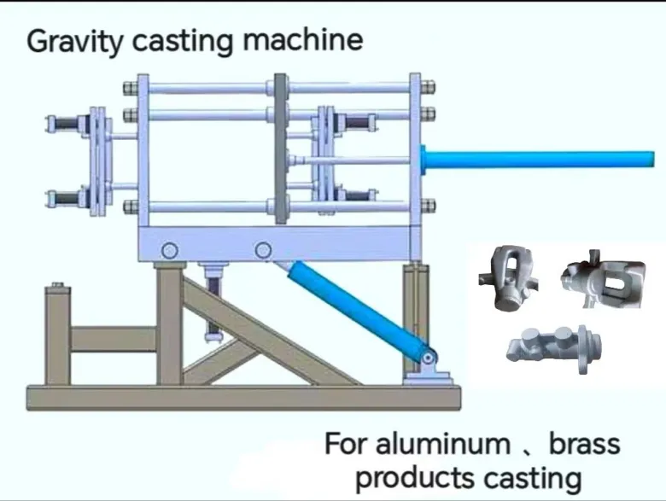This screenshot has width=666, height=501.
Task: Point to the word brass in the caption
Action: click(x=584, y=444)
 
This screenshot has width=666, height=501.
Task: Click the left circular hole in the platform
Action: click(x=169, y=251)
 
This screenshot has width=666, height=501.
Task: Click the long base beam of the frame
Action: click(x=243, y=396)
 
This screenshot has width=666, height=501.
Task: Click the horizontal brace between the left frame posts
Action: click(x=112, y=340)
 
